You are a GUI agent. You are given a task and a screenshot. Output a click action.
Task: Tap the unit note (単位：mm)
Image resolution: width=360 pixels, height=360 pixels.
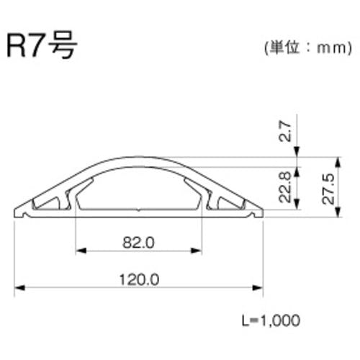(308, 48)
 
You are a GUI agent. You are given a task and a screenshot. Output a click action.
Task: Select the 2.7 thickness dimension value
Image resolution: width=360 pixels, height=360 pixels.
(286, 131)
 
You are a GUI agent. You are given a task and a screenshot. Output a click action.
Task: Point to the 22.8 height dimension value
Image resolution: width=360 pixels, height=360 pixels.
(285, 187)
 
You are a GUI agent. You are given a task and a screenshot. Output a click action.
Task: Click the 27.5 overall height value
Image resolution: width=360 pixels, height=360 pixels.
(328, 189)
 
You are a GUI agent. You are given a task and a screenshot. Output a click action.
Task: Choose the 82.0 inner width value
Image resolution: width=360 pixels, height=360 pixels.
(138, 243)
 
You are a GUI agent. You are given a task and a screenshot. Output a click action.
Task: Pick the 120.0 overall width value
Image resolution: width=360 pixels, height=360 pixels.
(139, 279)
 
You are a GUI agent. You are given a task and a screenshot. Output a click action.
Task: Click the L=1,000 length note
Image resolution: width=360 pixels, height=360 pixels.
(271, 320)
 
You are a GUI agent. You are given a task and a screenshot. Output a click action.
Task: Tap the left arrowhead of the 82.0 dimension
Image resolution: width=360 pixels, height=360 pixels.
(81, 251)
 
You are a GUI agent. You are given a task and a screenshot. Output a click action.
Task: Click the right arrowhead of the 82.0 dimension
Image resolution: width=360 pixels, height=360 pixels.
(196, 251)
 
